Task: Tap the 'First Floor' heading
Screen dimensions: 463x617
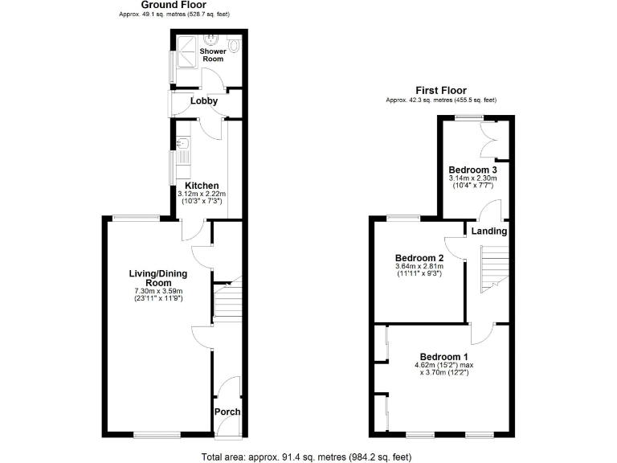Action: click(440, 90)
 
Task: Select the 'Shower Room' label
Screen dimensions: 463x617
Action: click(213, 55)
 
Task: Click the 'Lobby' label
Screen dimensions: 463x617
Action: click(204, 101)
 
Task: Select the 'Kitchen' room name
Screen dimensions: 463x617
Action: click(202, 186)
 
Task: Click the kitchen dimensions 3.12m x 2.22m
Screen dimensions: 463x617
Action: click(202, 194)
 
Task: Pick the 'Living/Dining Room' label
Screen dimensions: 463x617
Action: click(152, 278)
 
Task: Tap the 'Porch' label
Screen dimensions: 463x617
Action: click(227, 412)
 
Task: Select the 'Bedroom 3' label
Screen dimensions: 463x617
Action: click(472, 170)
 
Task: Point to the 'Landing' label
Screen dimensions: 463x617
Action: click(489, 231)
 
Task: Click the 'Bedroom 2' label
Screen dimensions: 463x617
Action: click(419, 258)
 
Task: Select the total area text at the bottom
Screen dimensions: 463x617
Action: click(308, 456)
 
